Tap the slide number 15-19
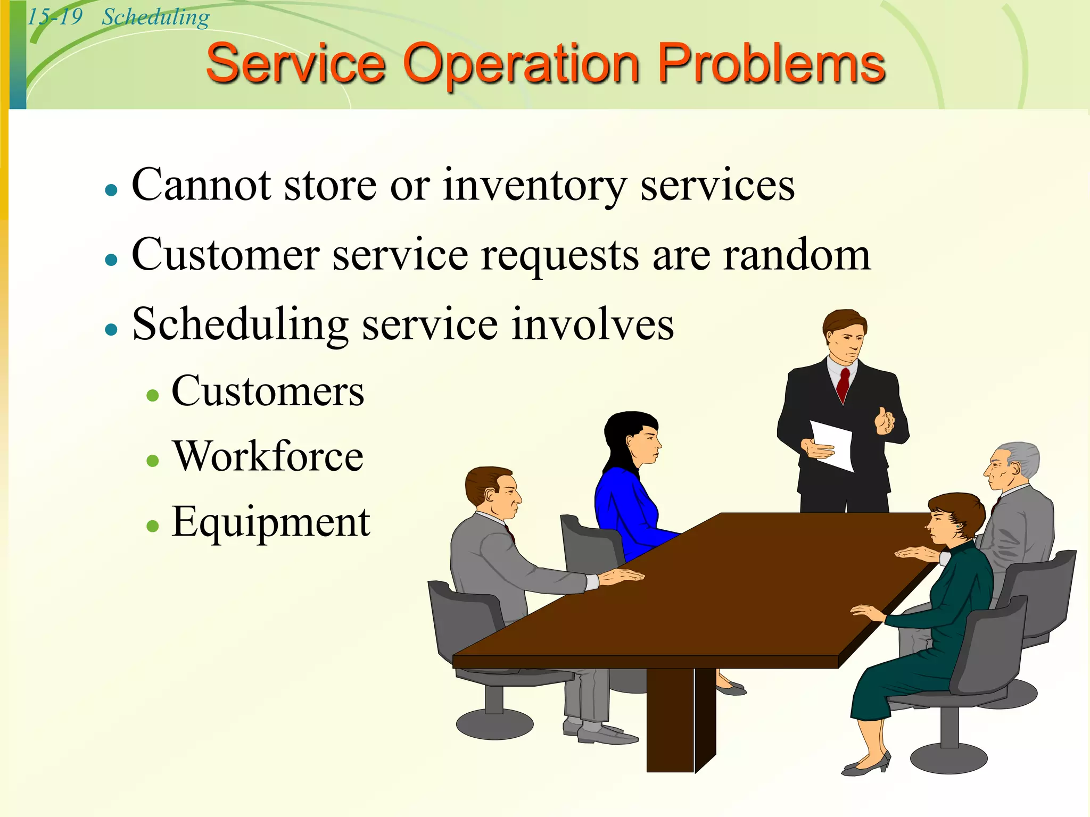click(x=55, y=16)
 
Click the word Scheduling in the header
click(x=155, y=17)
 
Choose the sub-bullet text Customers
click(x=268, y=391)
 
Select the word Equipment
click(x=270, y=522)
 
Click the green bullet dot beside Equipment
click(x=153, y=526)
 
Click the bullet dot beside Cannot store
click(x=111, y=189)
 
